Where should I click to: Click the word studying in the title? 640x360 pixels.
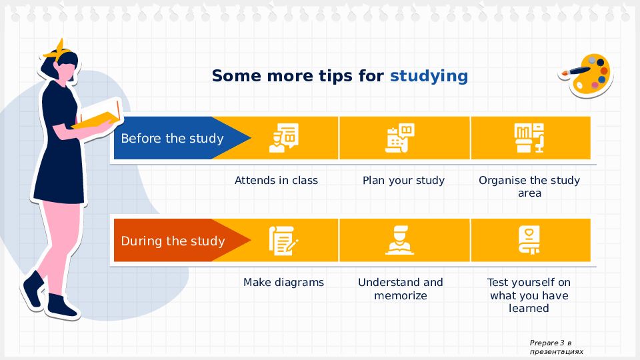(429, 77)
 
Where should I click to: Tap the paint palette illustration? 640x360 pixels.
(586, 76)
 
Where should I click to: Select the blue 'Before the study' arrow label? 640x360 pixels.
(182, 138)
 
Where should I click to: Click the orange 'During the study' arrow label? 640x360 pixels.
(182, 241)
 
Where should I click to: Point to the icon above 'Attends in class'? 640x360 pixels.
(284, 138)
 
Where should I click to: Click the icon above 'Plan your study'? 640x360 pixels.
(399, 138)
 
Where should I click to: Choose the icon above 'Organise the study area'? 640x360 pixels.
(529, 138)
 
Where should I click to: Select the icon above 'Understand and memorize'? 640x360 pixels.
(399, 241)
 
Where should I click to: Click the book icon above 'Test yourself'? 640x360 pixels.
(529, 241)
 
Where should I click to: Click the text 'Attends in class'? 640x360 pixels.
(276, 181)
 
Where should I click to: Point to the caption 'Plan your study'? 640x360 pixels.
(403, 181)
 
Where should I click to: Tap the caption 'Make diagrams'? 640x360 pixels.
(284, 283)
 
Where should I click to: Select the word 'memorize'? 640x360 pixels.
(401, 295)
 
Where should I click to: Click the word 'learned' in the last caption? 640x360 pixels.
(529, 308)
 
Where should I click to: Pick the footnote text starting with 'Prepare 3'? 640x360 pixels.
(556, 347)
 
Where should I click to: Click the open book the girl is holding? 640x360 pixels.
(99, 115)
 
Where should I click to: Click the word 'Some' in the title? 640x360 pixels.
(236, 76)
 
